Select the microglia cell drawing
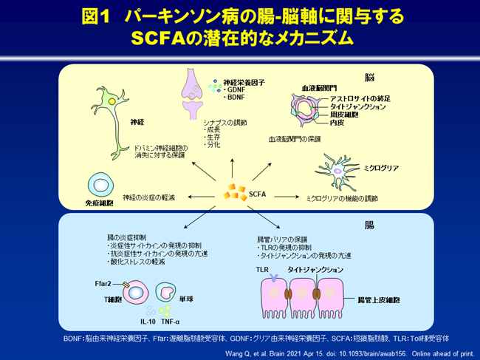(339, 170)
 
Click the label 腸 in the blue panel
(369, 224)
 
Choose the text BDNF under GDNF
(236, 97)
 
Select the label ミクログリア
(382, 168)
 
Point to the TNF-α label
(171, 322)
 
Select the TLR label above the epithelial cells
(262, 271)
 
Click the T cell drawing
(137, 293)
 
